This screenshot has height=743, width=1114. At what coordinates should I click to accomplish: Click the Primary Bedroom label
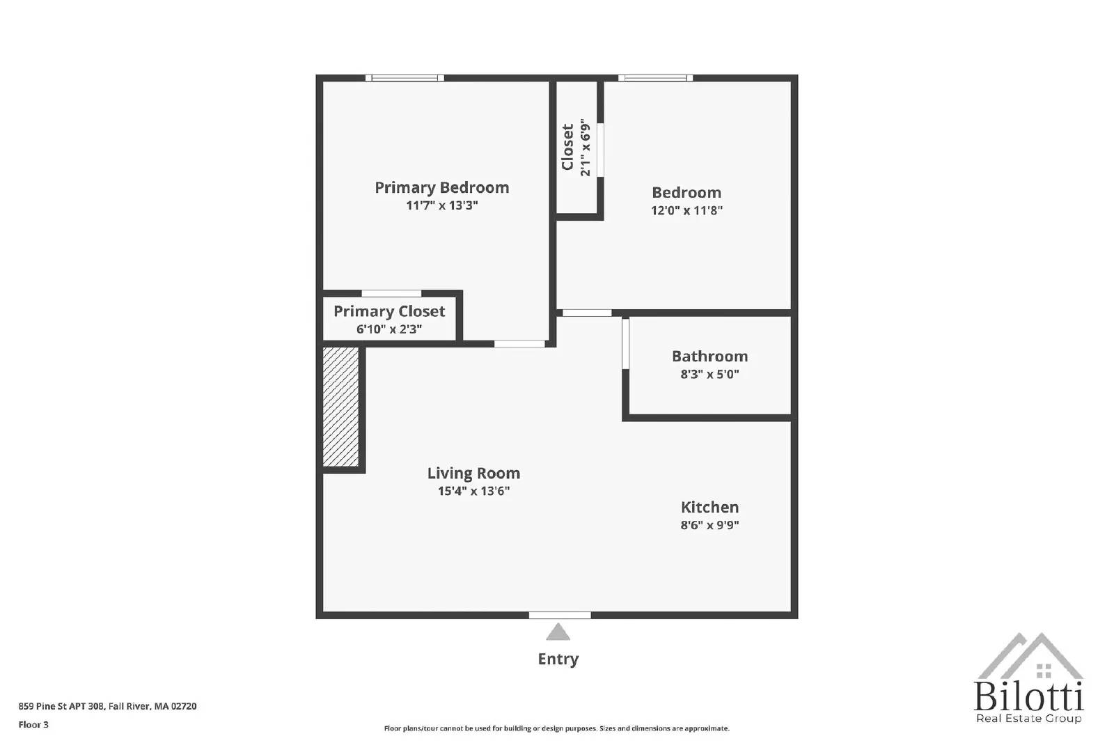(x=441, y=187)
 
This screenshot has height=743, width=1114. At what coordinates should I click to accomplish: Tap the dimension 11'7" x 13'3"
(x=441, y=205)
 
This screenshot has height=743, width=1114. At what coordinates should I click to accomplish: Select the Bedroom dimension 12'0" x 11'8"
(x=687, y=210)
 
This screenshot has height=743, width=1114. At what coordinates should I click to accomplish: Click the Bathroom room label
(x=709, y=356)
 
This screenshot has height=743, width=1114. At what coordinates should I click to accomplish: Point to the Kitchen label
(x=709, y=507)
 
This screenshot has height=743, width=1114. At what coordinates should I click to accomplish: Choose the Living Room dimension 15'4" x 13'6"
(x=473, y=491)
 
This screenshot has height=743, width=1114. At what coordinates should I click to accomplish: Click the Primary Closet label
(x=389, y=311)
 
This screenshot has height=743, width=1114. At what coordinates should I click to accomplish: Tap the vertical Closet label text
(x=568, y=147)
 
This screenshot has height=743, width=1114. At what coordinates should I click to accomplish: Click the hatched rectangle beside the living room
(x=340, y=407)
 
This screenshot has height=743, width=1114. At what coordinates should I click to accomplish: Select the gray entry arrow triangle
(x=558, y=632)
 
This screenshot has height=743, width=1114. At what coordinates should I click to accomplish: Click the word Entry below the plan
(x=558, y=659)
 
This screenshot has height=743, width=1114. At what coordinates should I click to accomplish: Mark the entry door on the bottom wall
(x=560, y=615)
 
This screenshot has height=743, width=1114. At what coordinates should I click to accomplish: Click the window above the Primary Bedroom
(x=405, y=78)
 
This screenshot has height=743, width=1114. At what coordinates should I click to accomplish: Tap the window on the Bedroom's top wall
(x=655, y=78)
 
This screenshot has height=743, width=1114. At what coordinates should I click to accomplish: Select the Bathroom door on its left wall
(x=625, y=343)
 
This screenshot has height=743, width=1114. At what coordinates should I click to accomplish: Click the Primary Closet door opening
(x=391, y=293)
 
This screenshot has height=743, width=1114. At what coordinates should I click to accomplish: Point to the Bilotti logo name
(x=1028, y=696)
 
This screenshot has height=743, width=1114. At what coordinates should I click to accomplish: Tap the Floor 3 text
(x=33, y=724)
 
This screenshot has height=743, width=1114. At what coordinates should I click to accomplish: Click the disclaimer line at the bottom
(x=556, y=728)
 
